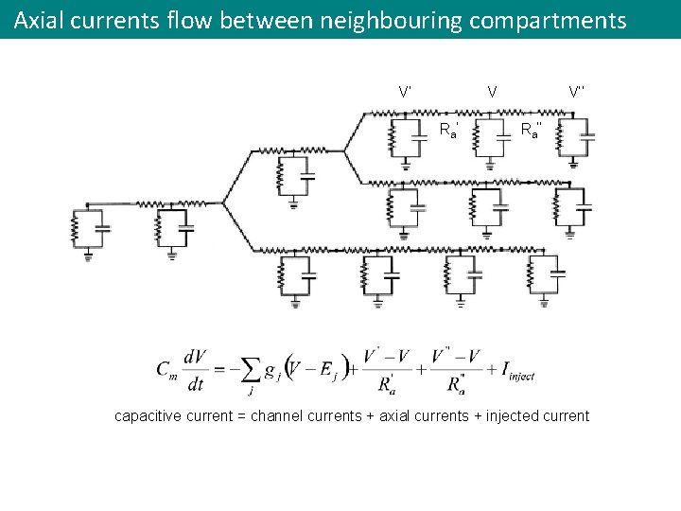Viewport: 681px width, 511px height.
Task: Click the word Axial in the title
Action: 39,20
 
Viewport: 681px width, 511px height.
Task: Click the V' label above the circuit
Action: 405,92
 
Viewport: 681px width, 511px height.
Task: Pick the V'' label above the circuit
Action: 577,92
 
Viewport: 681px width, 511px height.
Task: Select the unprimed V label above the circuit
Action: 492,92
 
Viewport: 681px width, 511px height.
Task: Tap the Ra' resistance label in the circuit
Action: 449,130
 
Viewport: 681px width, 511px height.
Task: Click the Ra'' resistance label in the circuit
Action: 532,130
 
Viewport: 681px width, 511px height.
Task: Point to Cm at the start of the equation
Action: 166,369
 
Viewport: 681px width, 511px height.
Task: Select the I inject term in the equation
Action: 514,369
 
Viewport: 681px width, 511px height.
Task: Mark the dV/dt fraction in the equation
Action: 197,369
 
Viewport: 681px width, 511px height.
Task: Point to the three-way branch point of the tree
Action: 223,202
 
